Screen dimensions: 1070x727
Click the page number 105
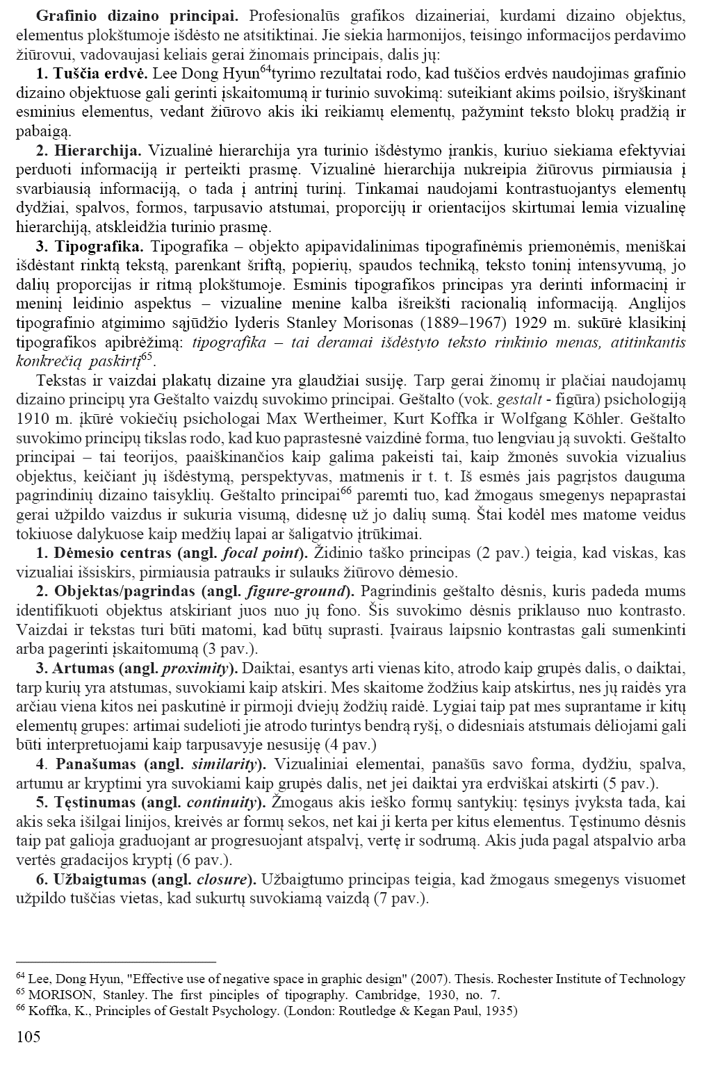[x=28, y=1037]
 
